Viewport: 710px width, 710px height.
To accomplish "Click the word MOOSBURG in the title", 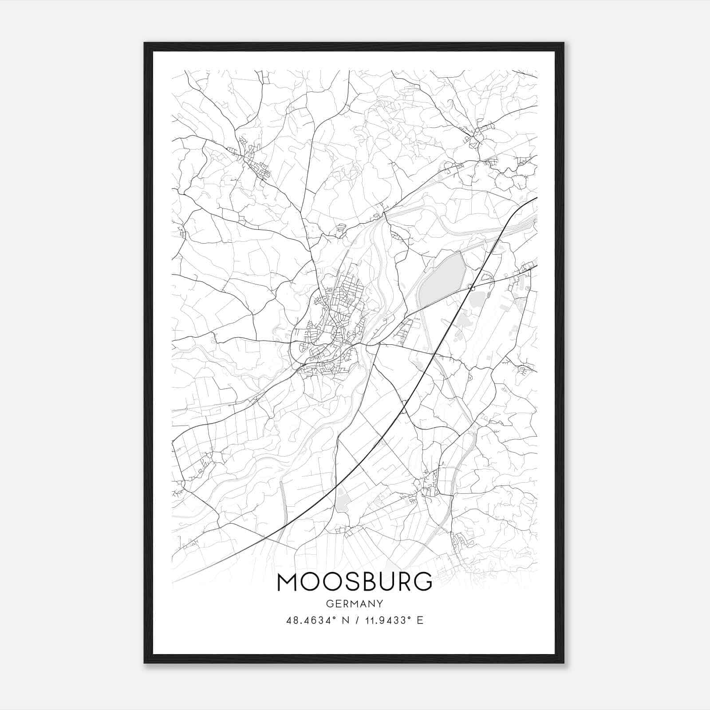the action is point(355,582).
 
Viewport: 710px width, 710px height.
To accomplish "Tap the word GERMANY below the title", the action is point(355,603).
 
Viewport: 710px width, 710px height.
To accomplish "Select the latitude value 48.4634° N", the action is point(315,620).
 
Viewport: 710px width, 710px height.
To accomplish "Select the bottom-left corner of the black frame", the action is point(145,662).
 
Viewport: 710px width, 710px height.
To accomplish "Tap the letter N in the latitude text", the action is point(341,620).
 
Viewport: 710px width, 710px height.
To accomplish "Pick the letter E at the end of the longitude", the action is point(420,620).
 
